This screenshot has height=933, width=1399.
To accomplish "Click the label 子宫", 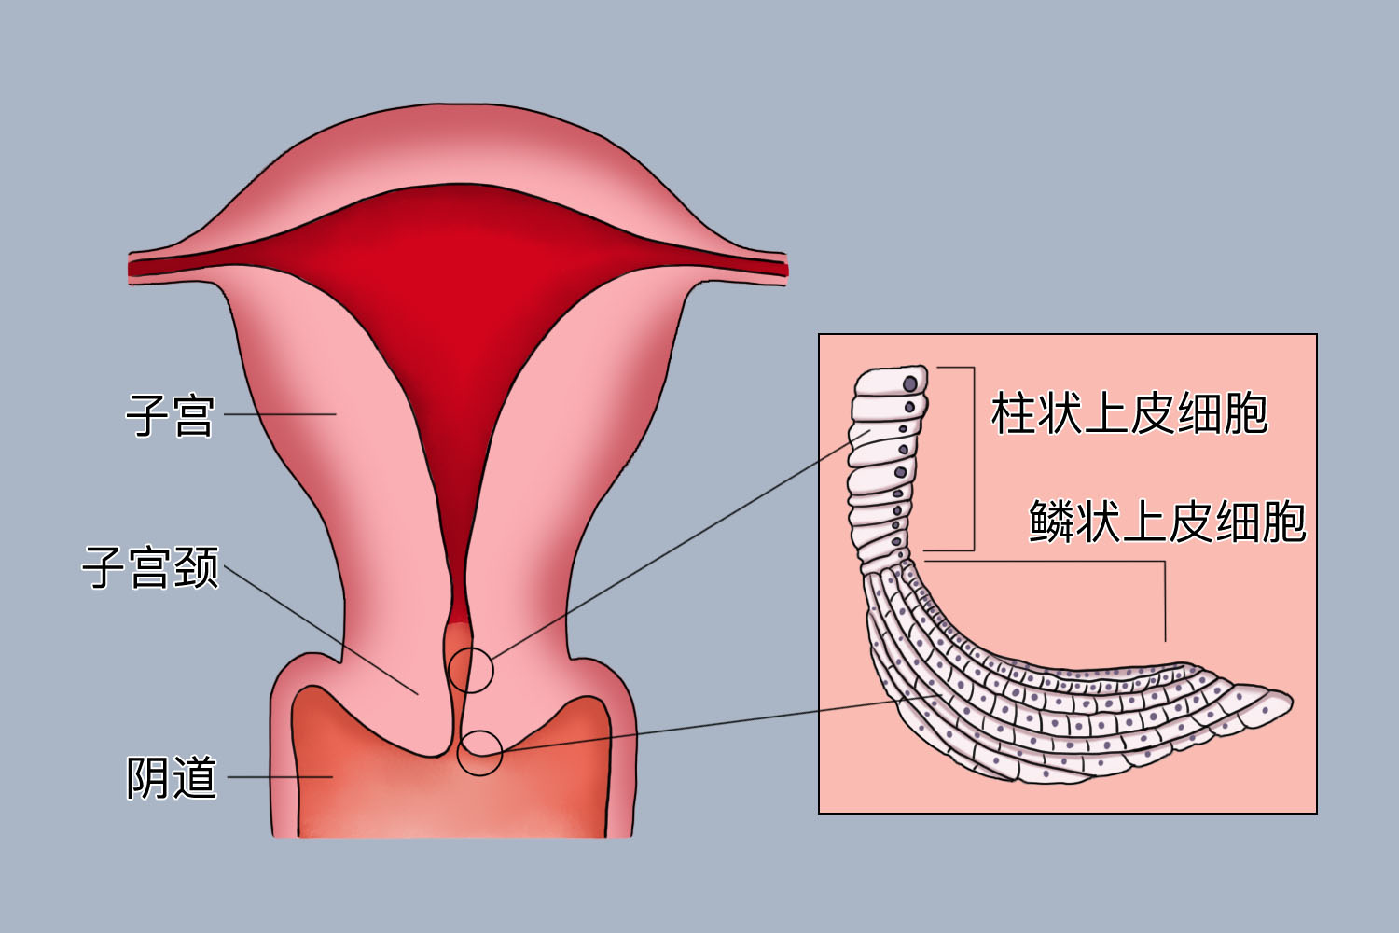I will pyautogui.click(x=170, y=415).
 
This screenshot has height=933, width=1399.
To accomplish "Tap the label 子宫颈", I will pyautogui.click(x=151, y=567).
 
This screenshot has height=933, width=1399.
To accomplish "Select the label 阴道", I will pyautogui.click(x=172, y=777).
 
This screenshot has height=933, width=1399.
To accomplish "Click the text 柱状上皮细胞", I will pyautogui.click(x=1129, y=413).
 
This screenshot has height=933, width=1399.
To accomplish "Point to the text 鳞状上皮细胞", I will pyautogui.click(x=1167, y=521).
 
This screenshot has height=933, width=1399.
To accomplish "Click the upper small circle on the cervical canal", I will pyautogui.click(x=470, y=669).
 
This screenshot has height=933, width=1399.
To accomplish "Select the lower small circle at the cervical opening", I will pyautogui.click(x=479, y=752).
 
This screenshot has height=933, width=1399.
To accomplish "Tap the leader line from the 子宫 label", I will pyautogui.click(x=280, y=414).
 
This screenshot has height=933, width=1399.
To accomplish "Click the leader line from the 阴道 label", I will pyautogui.click(x=280, y=776).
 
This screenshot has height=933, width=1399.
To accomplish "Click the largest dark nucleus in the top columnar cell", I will pyautogui.click(x=910, y=384).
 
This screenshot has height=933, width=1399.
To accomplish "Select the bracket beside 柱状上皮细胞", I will pyautogui.click(x=973, y=457).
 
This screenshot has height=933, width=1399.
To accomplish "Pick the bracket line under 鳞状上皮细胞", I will pyautogui.click(x=1164, y=597).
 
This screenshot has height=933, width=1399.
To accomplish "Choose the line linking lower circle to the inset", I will pyautogui.click(x=699, y=726).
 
